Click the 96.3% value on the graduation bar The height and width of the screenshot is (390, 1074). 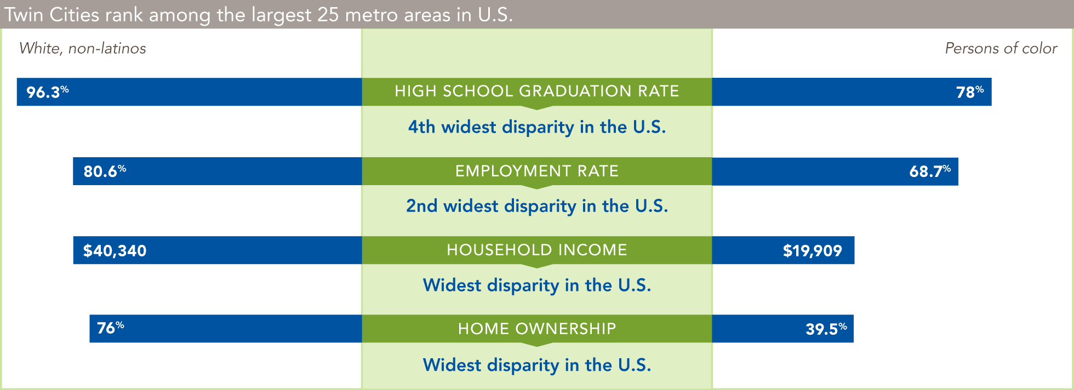(48, 91)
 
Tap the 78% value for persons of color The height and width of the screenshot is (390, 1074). (970, 91)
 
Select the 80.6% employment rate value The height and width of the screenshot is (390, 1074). (105, 171)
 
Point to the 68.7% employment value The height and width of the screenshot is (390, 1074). (930, 171)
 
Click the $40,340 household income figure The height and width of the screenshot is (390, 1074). (115, 250)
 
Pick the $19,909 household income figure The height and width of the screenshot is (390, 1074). (812, 250)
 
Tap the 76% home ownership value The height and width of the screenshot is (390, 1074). (111, 328)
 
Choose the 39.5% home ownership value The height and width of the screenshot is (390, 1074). (826, 329)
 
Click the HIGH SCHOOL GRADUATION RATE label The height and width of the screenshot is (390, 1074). (537, 91)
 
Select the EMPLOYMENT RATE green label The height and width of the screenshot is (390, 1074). (537, 171)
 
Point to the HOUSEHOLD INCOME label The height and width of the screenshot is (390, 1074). (537, 250)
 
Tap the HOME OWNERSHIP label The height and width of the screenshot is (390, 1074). (537, 329)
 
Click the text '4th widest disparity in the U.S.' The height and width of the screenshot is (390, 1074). (537, 127)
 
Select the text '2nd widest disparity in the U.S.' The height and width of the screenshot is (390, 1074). (537, 206)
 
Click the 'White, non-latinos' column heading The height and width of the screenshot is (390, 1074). (83, 48)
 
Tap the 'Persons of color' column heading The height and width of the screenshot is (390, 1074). (1001, 48)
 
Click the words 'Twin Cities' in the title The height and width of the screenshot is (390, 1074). (52, 14)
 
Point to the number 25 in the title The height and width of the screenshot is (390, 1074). (328, 14)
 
